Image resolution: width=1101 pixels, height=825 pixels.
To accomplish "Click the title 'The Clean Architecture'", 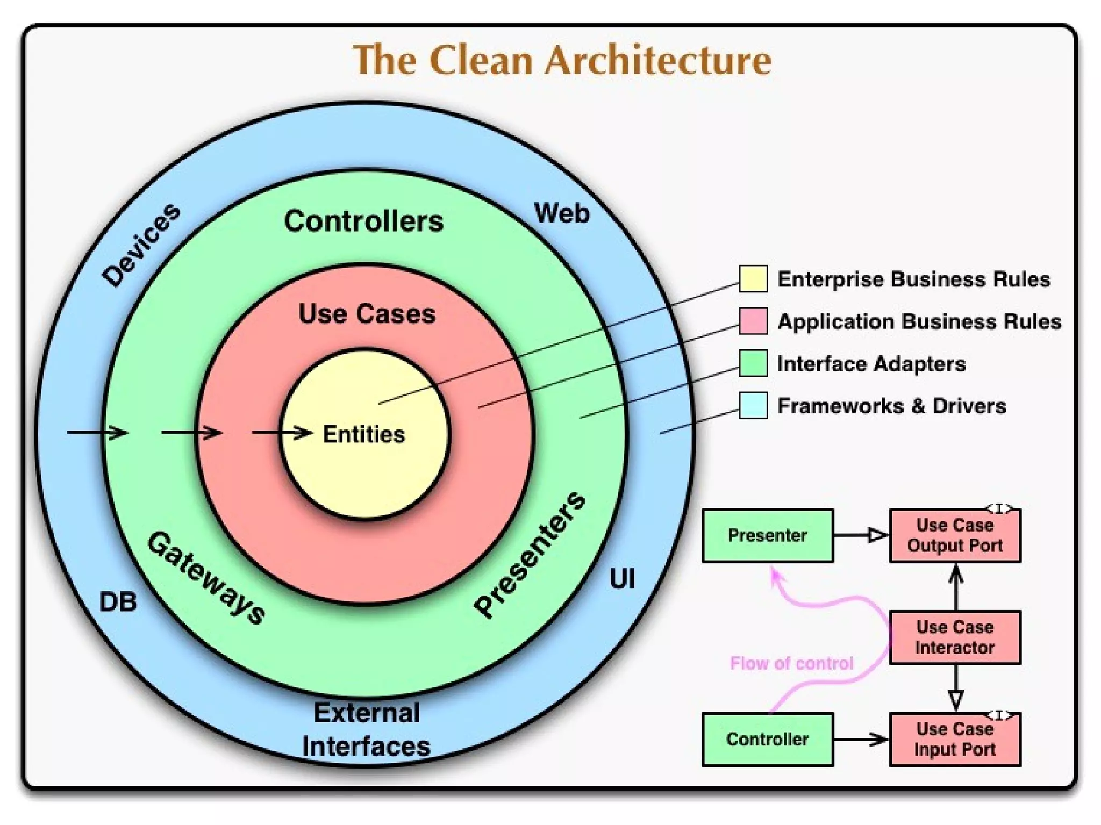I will (x=562, y=60).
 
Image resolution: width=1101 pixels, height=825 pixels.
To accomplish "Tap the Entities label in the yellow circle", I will (x=363, y=434).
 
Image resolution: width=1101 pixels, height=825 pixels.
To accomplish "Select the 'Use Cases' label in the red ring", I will (x=367, y=314).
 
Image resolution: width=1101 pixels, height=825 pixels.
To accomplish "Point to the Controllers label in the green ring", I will (x=364, y=221).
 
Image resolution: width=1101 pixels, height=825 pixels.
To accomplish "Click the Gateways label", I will (x=206, y=578).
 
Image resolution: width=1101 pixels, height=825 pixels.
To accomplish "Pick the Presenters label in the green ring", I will (x=530, y=554).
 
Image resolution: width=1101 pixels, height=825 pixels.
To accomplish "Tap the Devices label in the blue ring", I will (x=141, y=245).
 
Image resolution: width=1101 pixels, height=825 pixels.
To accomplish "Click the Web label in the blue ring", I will (x=562, y=213).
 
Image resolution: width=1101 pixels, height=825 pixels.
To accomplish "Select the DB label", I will (x=118, y=602).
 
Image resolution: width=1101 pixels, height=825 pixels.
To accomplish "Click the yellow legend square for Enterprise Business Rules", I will (x=753, y=279).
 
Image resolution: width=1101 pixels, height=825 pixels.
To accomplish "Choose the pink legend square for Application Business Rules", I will (x=753, y=321).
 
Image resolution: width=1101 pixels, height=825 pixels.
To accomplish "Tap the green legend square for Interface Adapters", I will (x=753, y=363).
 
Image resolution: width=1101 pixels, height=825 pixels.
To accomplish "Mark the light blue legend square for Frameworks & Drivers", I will (x=753, y=405).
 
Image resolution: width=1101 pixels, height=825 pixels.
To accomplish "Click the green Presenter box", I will (x=768, y=535).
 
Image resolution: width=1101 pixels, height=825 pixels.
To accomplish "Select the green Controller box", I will (x=768, y=740).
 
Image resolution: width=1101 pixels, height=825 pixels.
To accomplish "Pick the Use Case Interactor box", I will (x=955, y=637).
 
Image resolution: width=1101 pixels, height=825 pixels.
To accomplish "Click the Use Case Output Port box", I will (x=955, y=535).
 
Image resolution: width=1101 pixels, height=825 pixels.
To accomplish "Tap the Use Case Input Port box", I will (x=955, y=740).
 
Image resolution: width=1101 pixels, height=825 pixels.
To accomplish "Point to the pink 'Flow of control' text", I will (x=791, y=663).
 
